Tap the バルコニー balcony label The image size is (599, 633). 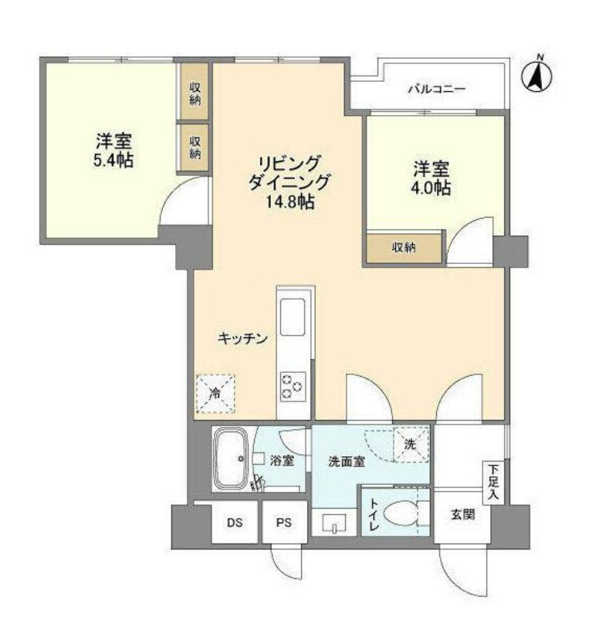[x=437, y=90]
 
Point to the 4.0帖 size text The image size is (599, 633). [x=431, y=188]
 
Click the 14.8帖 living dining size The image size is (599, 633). [x=289, y=202]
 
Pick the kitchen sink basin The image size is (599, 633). [x=294, y=316]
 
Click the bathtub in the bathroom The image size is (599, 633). [x=229, y=460]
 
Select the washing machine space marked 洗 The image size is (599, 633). [x=410, y=444]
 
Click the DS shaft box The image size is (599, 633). [x=235, y=523]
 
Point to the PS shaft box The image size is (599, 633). [x=284, y=523]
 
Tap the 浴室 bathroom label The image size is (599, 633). [x=281, y=462]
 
